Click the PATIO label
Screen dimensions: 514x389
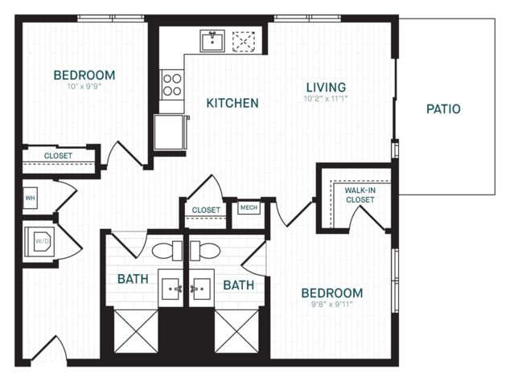(443, 109)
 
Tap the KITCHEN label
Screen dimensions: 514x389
(232, 103)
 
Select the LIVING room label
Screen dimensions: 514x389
(326, 88)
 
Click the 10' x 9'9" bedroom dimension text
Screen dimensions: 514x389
(84, 87)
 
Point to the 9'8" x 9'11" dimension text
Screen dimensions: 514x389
(331, 304)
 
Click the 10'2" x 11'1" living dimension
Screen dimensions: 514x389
(326, 98)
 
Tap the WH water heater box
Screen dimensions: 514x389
(30, 198)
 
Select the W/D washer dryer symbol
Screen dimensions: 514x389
(40, 242)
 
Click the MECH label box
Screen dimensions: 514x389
(249, 207)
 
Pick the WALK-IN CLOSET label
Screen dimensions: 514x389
(360, 195)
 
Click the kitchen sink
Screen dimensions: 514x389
(212, 41)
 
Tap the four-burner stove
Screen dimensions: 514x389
(172, 84)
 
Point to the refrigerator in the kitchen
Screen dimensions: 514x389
(171, 132)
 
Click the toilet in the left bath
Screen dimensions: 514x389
(167, 251)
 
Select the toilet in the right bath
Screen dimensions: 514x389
(205, 251)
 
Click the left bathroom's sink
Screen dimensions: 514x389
(171, 289)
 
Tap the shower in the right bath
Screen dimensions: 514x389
(236, 331)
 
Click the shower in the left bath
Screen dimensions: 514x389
(136, 331)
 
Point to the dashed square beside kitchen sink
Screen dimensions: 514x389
(244, 42)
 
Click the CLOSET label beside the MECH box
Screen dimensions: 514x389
(206, 210)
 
